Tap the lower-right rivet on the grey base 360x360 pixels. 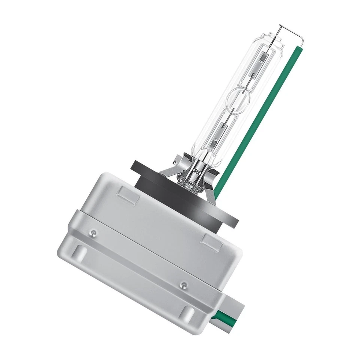pos(183,285)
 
